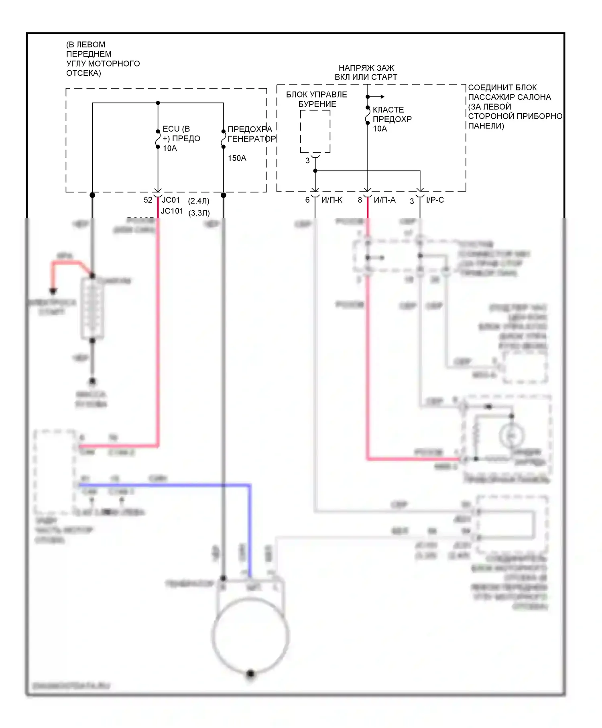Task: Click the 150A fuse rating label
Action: tap(237, 158)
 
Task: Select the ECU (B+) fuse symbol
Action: tap(158, 139)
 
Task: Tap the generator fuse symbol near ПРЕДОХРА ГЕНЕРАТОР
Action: tap(224, 139)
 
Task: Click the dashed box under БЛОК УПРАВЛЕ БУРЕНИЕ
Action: tap(315, 132)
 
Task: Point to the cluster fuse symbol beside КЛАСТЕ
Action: tap(368, 115)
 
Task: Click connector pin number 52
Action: tap(148, 200)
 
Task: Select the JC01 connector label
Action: tap(171, 200)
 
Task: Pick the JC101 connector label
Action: tap(172, 211)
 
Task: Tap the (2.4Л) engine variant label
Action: tap(199, 201)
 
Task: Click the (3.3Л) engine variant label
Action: tap(199, 213)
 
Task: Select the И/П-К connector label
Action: tap(332, 200)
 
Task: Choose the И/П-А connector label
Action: tap(384, 200)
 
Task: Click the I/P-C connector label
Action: tap(435, 200)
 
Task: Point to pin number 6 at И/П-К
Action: tap(307, 200)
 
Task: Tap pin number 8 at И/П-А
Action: tap(360, 200)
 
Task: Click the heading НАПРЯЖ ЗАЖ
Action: tap(366, 68)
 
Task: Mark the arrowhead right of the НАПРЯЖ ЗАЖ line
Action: tap(382, 97)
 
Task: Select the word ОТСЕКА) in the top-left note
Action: tap(83, 73)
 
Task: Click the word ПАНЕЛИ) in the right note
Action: tap(486, 126)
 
